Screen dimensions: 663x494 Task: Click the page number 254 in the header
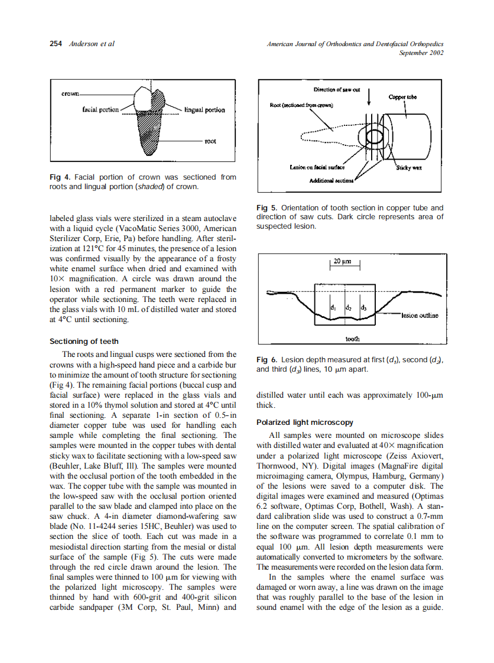tap(56, 44)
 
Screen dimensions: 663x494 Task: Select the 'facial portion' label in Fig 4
tap(100, 110)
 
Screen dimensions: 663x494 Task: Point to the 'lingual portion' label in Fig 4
tap(204, 110)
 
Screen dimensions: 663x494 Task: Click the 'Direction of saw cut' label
tap(336, 89)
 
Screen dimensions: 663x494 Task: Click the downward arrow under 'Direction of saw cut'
tap(369, 97)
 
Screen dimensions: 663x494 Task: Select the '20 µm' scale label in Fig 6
tap(343, 261)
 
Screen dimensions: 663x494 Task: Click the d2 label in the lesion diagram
tap(349, 308)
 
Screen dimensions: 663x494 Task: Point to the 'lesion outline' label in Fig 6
tap(420, 316)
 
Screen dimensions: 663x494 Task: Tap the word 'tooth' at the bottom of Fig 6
tap(352, 339)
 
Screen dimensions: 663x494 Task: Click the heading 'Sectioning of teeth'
tap(84, 342)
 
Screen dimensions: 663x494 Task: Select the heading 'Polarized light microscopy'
tap(304, 422)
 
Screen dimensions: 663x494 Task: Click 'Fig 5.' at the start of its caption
tap(266, 207)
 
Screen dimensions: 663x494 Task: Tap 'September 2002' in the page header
tap(421, 53)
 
